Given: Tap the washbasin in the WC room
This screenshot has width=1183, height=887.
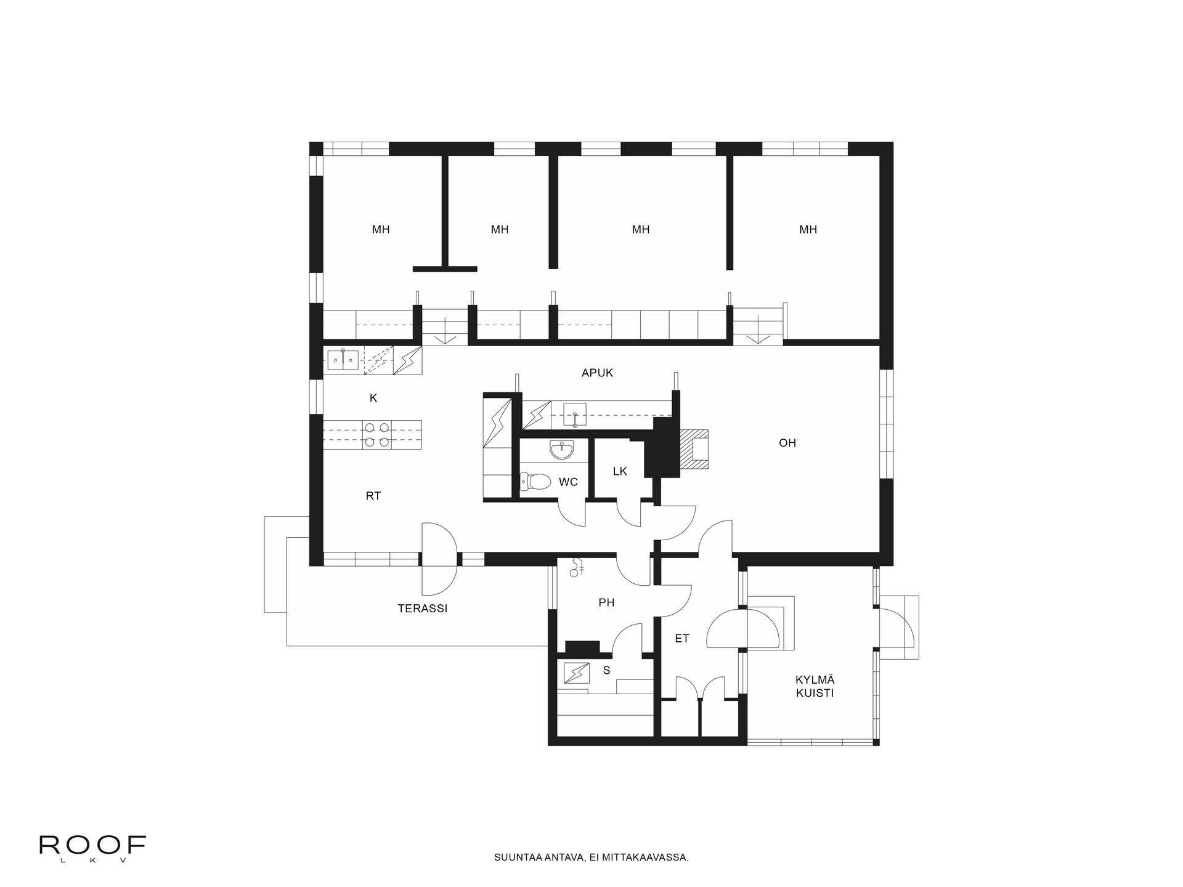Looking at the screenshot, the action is click(561, 450).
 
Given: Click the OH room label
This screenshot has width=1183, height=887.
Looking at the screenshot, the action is click(787, 443).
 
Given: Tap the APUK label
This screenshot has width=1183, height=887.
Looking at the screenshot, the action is click(597, 373).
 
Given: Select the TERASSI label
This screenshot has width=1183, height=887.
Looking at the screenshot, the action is click(422, 609).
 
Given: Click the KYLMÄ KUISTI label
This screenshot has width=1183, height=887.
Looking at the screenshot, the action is click(815, 686).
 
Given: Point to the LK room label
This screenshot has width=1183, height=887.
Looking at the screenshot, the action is click(620, 471).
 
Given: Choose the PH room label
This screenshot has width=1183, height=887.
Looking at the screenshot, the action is click(606, 603).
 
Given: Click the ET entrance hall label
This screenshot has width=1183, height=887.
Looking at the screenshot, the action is click(681, 639).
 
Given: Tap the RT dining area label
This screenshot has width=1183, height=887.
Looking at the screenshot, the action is click(373, 496).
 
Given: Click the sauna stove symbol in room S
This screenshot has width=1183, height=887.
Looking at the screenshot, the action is click(577, 673).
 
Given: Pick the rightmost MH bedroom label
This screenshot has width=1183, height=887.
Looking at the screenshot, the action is click(808, 230).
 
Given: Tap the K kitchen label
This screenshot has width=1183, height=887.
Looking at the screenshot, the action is click(373, 399).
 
